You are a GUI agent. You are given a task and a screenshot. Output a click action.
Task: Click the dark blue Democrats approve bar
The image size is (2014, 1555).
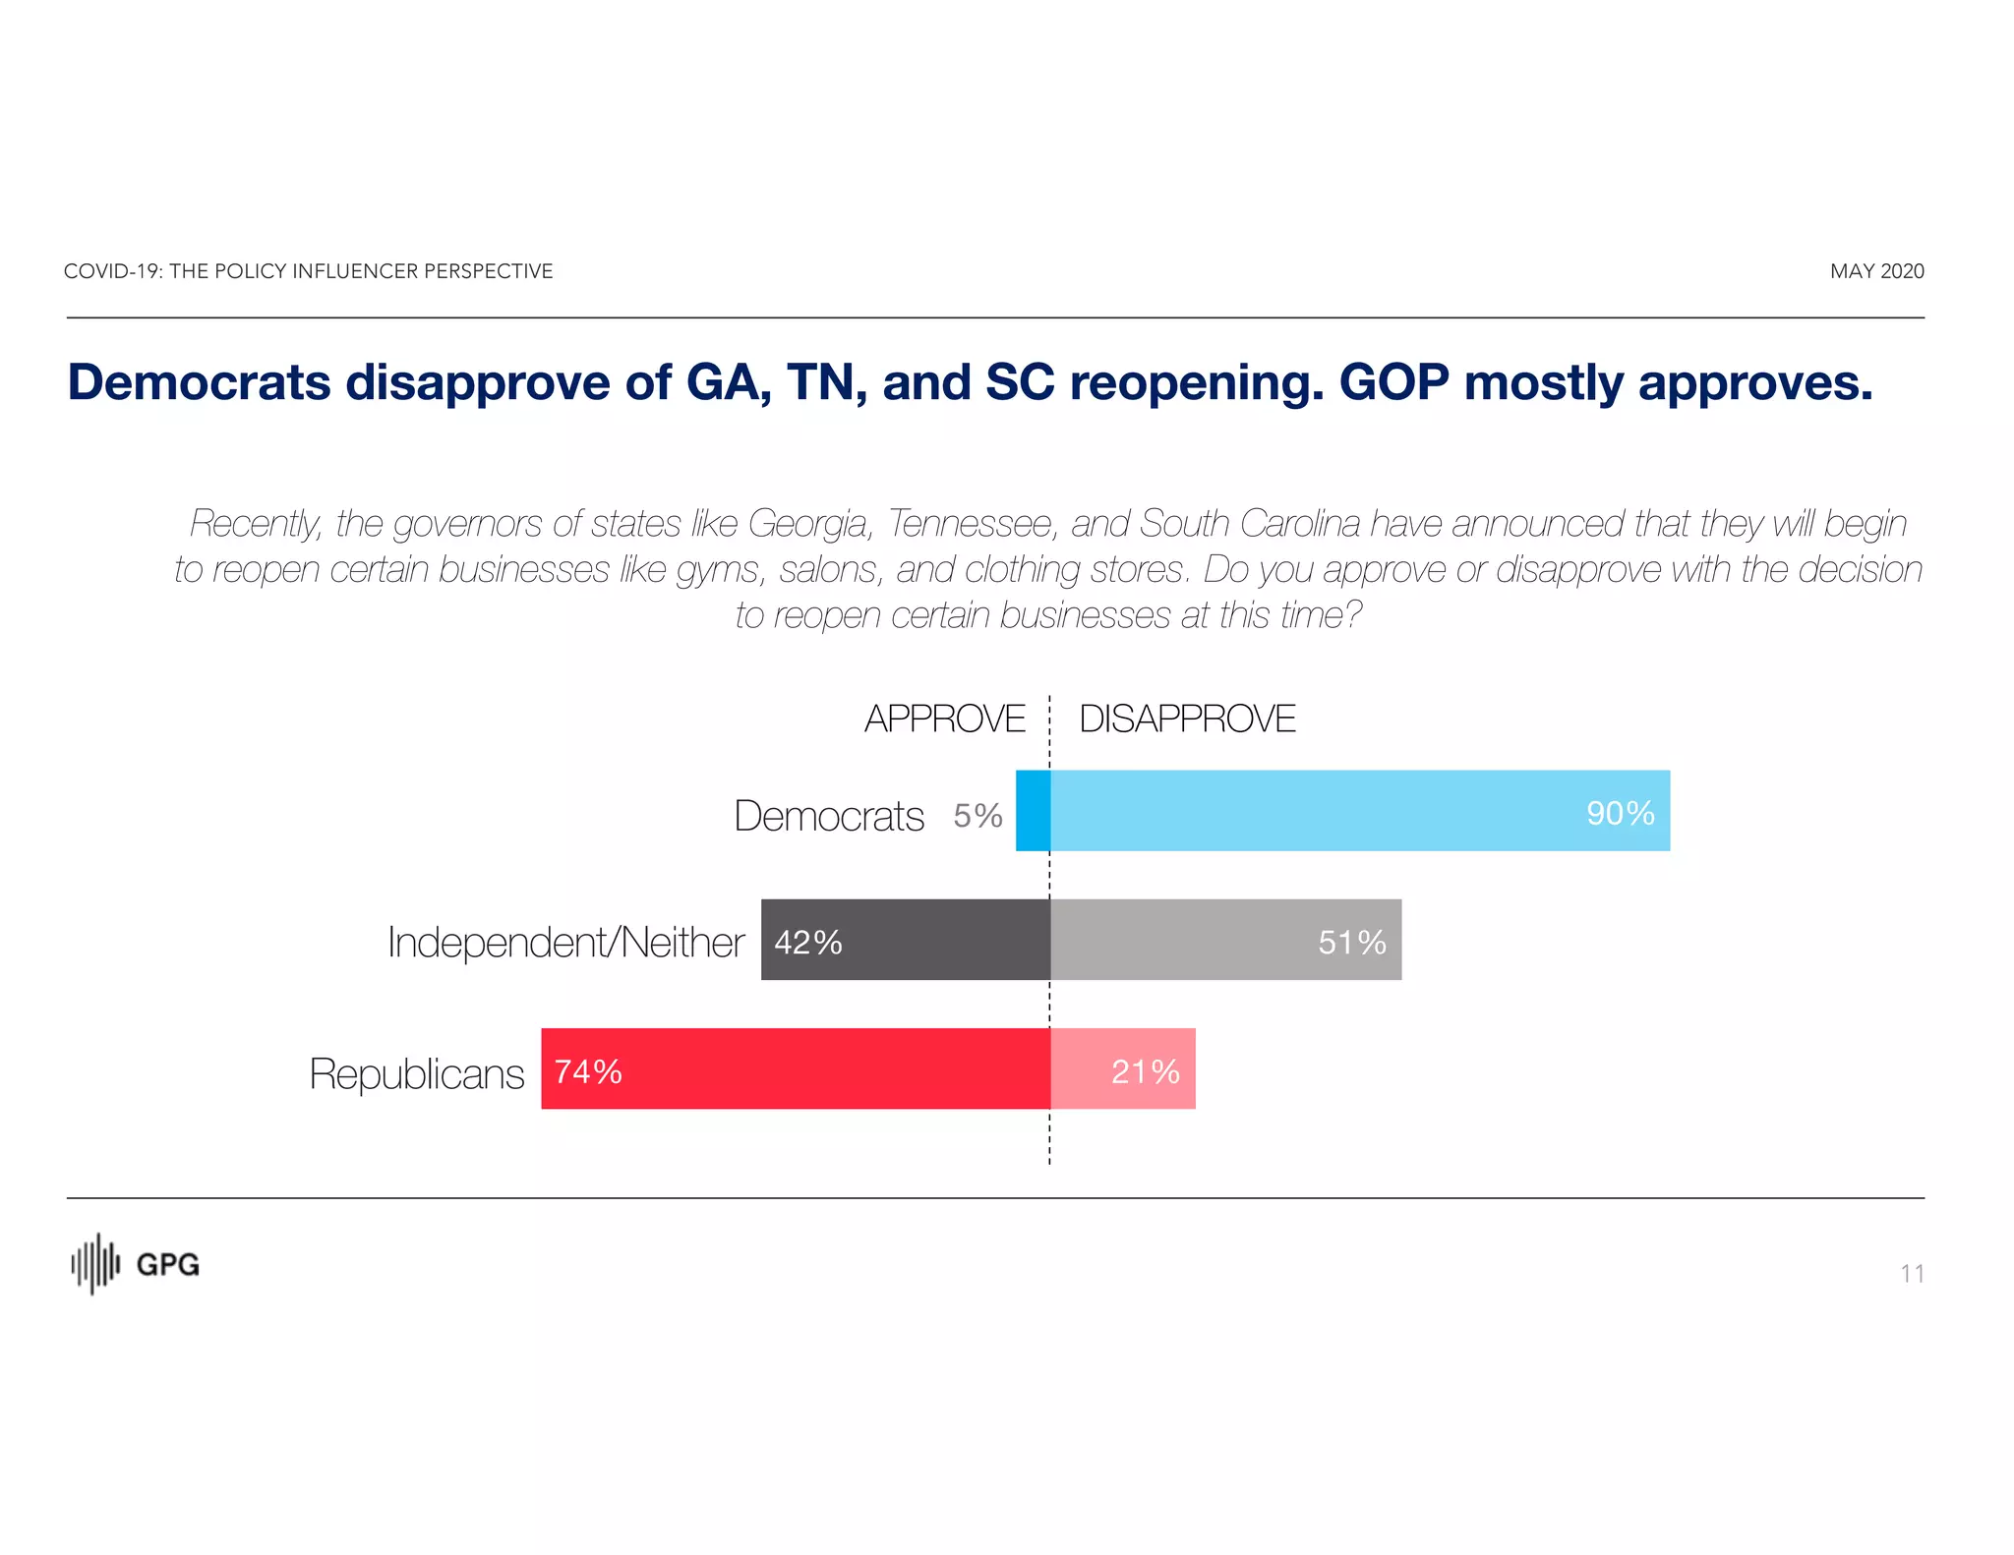pos(1033,811)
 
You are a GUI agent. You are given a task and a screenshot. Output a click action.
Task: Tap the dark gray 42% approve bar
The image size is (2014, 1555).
pos(906,940)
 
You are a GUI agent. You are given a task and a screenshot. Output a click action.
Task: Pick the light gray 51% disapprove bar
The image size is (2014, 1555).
pos(1225,940)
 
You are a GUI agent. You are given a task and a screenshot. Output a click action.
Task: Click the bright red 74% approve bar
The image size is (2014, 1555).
pos(796,1069)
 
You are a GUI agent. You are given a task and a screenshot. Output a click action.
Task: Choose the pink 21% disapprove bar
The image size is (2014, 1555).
pos(1123,1069)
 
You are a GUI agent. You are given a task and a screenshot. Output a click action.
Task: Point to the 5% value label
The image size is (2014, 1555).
pos(977,816)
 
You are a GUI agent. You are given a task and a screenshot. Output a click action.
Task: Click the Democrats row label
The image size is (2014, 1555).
pos(828,816)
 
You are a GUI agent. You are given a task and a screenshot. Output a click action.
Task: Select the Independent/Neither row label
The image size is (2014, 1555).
pos(565,942)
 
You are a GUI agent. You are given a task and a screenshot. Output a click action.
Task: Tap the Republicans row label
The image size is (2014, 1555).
pos(416,1073)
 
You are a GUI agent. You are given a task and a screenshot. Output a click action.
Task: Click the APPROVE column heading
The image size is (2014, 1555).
pos(944,719)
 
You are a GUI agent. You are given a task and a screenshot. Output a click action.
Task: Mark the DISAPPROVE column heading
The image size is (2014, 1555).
pos(1187,719)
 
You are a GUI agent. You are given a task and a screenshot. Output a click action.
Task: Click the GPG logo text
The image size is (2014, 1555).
pos(167,1265)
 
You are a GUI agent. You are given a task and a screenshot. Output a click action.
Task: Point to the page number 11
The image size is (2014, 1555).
pos(1912,1274)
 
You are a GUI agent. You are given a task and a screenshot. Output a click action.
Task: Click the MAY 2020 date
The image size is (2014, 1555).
pos(1876,271)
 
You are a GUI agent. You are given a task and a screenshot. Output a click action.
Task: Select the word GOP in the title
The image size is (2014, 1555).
pos(1393,382)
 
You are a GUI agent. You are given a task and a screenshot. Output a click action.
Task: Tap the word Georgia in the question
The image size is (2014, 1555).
pos(809,524)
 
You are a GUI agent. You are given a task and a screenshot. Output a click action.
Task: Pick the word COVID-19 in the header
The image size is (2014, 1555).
pos(112,271)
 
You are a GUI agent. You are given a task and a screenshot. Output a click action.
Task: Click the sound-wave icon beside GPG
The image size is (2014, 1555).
pos(95,1264)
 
